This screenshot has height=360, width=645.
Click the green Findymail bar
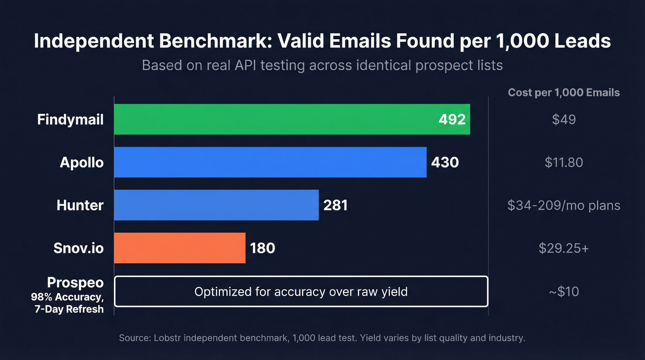pyautogui.click(x=276, y=119)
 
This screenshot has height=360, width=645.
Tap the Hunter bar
pyautogui.click(x=217, y=205)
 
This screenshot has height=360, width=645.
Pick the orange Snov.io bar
pyautogui.click(x=180, y=248)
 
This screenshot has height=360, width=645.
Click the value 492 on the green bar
pyautogui.click(x=451, y=119)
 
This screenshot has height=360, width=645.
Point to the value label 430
pyautogui.click(x=445, y=162)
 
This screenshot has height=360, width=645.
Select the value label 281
pyautogui.click(x=335, y=205)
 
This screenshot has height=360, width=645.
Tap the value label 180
pyautogui.click(x=262, y=248)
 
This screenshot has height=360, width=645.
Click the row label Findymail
pyautogui.click(x=70, y=120)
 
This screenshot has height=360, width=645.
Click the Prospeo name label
pyautogui.click(x=75, y=283)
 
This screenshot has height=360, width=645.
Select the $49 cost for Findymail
pyautogui.click(x=563, y=120)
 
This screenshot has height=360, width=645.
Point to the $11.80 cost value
pyautogui.click(x=563, y=162)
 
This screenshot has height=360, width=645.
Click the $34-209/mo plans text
pyautogui.click(x=563, y=205)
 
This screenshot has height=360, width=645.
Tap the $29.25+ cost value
pyautogui.click(x=563, y=248)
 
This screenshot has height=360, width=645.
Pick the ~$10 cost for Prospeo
pyautogui.click(x=563, y=291)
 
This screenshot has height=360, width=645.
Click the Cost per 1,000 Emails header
pyautogui.click(x=563, y=93)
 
